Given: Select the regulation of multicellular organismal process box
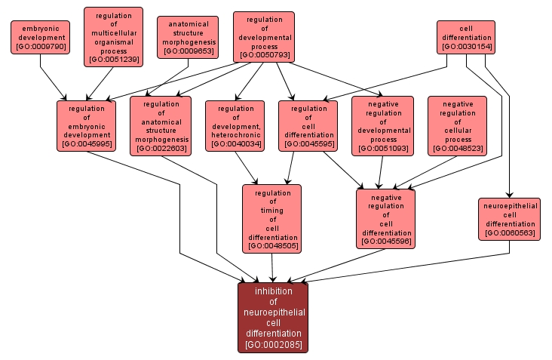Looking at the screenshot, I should (x=113, y=36).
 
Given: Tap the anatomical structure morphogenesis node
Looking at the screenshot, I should (x=188, y=37).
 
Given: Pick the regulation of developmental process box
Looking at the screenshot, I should (x=263, y=36).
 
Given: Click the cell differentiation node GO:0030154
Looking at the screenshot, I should (x=465, y=37).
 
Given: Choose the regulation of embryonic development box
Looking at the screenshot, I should (x=86, y=125).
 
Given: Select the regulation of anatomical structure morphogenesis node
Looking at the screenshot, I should (x=161, y=125).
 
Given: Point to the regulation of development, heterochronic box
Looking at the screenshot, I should (x=235, y=125).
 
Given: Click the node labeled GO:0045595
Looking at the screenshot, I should (x=308, y=125).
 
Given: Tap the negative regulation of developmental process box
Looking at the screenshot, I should (x=382, y=125).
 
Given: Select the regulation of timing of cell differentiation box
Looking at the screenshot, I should (x=271, y=219).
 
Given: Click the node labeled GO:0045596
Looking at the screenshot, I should (x=386, y=218).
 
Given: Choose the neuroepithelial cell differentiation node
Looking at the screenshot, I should (x=510, y=219).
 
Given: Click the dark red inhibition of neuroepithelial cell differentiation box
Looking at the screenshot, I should (x=273, y=318).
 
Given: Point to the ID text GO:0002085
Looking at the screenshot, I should (x=273, y=345).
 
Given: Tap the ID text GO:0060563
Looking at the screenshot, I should (x=510, y=233).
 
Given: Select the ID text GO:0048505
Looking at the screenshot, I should (x=271, y=245).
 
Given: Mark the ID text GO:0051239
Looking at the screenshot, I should (x=113, y=60).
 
